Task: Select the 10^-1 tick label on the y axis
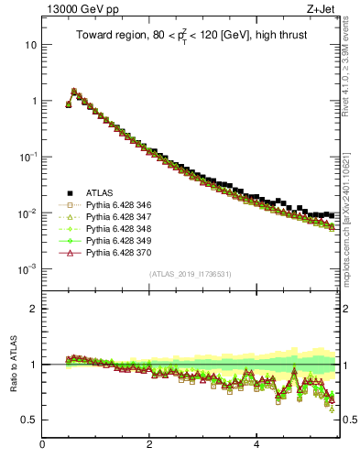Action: coord(27,157)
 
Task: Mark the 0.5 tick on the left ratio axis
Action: coord(29,420)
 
